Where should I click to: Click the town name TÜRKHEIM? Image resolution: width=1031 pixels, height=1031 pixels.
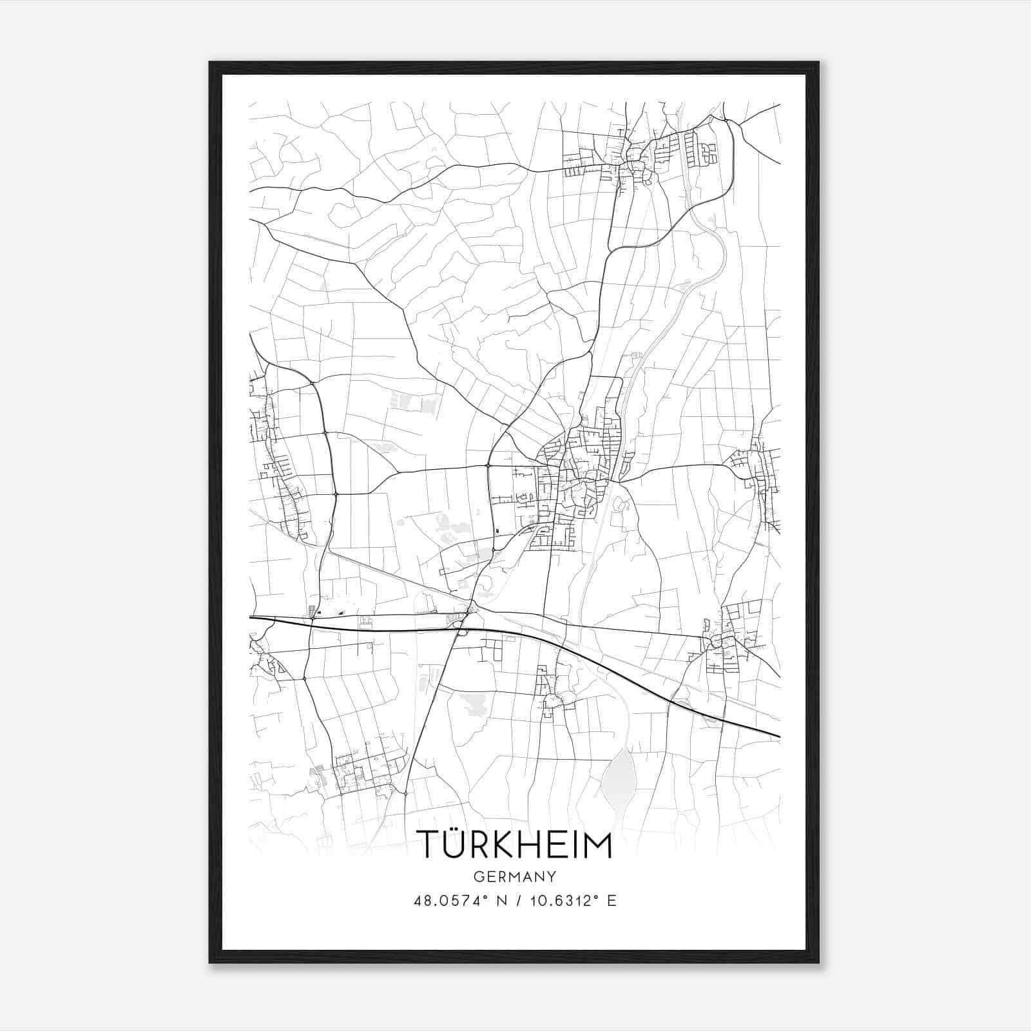(514, 845)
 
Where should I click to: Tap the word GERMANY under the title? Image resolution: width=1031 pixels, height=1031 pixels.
(515, 877)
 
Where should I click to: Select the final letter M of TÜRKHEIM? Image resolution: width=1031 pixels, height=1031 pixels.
(599, 845)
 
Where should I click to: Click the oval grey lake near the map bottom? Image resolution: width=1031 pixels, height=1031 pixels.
(619, 776)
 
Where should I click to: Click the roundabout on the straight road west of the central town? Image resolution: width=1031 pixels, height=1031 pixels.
(488, 465)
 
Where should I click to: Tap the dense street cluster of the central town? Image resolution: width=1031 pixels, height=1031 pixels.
(573, 477)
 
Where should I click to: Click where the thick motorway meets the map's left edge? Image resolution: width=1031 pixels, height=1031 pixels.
(251, 617)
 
